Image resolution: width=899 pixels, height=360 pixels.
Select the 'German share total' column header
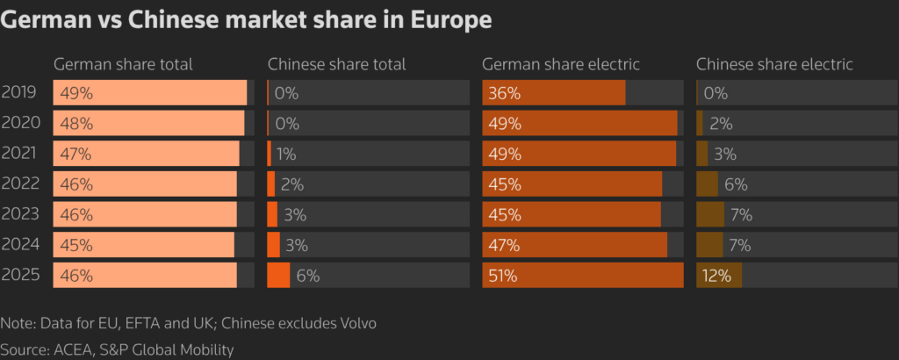[x=123, y=64]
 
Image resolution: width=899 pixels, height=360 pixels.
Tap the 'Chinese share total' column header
[x=336, y=64]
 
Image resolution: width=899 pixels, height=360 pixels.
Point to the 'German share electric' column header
[x=560, y=64]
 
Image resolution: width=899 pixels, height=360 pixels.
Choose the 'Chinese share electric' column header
[x=774, y=64]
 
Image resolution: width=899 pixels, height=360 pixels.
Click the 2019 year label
[x=19, y=92]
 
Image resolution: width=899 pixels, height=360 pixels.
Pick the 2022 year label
[x=19, y=184]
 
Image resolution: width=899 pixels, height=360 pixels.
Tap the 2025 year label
[x=19, y=275]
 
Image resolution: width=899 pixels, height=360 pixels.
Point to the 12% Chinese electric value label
[x=716, y=276]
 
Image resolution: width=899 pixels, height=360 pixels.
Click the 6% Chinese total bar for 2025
[x=278, y=275]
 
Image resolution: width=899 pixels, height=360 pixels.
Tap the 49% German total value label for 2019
[x=76, y=93]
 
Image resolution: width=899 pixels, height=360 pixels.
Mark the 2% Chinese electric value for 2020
[x=722, y=124]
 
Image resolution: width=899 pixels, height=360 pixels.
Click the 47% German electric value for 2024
[x=505, y=245]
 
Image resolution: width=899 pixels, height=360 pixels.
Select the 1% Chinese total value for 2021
[x=285, y=154]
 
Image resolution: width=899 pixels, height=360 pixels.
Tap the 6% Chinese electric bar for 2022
[x=707, y=184]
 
